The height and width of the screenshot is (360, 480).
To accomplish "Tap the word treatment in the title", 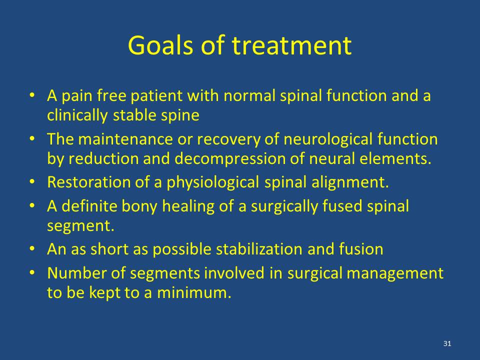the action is coord(291,45).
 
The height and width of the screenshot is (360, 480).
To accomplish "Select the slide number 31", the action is coord(447,343).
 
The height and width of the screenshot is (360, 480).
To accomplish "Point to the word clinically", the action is coord(77,115).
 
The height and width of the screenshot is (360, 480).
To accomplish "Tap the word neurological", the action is coord(328,139).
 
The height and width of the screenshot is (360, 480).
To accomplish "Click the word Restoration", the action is coord(89,182).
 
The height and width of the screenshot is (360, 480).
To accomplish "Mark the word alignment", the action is coord(350,182).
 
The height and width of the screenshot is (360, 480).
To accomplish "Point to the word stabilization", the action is coord(259,249).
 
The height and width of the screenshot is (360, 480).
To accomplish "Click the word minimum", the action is coord(194,292).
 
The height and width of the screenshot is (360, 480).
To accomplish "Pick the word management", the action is coord(395,273).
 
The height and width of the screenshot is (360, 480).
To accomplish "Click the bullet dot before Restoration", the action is coord(32,181).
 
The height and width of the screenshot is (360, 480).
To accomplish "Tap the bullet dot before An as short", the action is coord(32,248).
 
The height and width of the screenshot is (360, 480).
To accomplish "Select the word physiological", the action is coord(213,182).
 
